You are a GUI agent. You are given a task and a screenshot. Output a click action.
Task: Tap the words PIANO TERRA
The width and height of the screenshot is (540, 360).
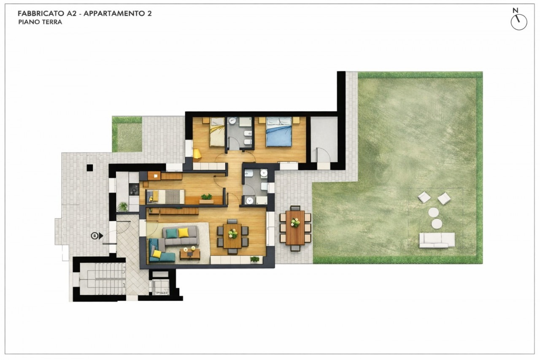(x=40, y=22)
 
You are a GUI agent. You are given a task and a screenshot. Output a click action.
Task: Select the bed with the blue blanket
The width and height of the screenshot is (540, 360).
(x=279, y=132)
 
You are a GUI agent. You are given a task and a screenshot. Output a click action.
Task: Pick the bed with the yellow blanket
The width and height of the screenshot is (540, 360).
(x=217, y=132)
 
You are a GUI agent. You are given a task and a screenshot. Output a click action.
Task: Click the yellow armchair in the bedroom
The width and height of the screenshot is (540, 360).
(x=197, y=154)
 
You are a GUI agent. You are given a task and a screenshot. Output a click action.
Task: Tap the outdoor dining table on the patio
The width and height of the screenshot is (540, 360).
(x=295, y=227)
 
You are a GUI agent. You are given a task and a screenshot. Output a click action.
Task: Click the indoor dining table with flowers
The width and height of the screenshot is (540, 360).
(x=232, y=236)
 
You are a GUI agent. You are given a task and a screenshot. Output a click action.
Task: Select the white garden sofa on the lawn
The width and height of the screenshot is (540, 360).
(x=437, y=240)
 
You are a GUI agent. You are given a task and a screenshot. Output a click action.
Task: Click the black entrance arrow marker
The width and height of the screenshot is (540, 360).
(x=101, y=236)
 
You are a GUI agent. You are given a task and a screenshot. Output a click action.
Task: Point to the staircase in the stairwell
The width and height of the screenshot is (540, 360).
(x=103, y=279)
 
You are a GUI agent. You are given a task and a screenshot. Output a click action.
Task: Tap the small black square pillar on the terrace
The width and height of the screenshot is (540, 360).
(x=90, y=168)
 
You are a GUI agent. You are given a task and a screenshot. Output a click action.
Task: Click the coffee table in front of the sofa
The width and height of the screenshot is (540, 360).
(x=190, y=254)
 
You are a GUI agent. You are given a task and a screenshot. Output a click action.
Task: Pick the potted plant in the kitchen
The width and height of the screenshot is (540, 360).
(x=123, y=207)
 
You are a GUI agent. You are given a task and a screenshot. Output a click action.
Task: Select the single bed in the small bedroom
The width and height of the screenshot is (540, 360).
(x=165, y=197)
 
